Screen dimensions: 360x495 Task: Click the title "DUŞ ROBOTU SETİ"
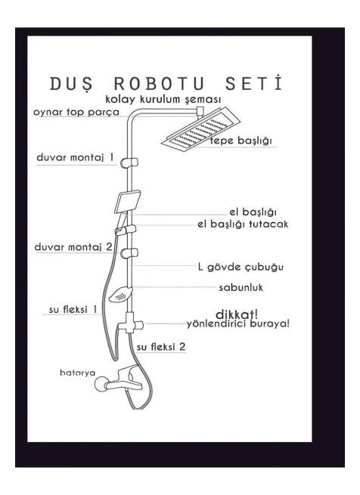(x=166, y=84)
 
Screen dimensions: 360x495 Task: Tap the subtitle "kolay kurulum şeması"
(x=163, y=99)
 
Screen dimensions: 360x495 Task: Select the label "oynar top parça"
(x=76, y=113)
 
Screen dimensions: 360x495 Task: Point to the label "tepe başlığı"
(x=241, y=141)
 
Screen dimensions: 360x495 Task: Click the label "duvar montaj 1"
(x=75, y=157)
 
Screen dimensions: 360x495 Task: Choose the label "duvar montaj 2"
(x=73, y=246)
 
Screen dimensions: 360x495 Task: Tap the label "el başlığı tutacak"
(x=243, y=224)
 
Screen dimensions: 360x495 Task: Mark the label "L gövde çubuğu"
(x=241, y=267)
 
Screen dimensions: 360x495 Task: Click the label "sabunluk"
(x=241, y=288)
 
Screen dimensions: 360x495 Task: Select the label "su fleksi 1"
(x=73, y=309)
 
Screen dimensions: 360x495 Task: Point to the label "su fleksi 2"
(x=161, y=347)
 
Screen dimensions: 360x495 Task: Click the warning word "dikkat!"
(x=237, y=314)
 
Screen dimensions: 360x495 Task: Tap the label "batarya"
(x=77, y=373)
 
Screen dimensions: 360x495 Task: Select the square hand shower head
(x=127, y=202)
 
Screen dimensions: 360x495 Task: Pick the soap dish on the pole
(x=120, y=294)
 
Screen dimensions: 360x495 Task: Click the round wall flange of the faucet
(x=102, y=384)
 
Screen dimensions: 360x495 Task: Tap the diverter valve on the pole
(x=129, y=323)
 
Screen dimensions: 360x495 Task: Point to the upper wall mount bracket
(x=129, y=162)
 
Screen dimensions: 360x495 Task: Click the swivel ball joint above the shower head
(x=200, y=110)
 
